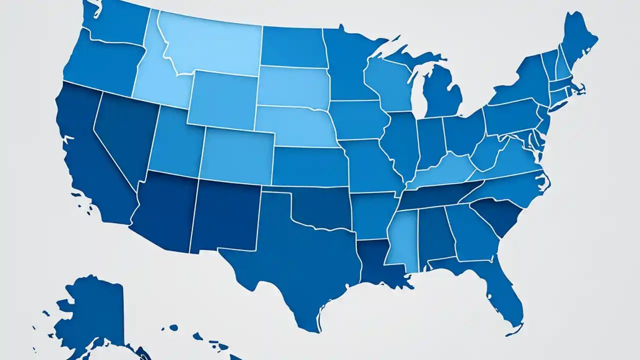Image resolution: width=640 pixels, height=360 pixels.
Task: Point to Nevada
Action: click(x=125, y=135)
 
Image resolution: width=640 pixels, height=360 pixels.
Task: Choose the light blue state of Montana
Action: click(x=210, y=47)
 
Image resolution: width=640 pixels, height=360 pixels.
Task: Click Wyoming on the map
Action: click(x=222, y=100)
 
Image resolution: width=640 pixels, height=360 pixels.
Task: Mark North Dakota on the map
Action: click(x=292, y=47)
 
